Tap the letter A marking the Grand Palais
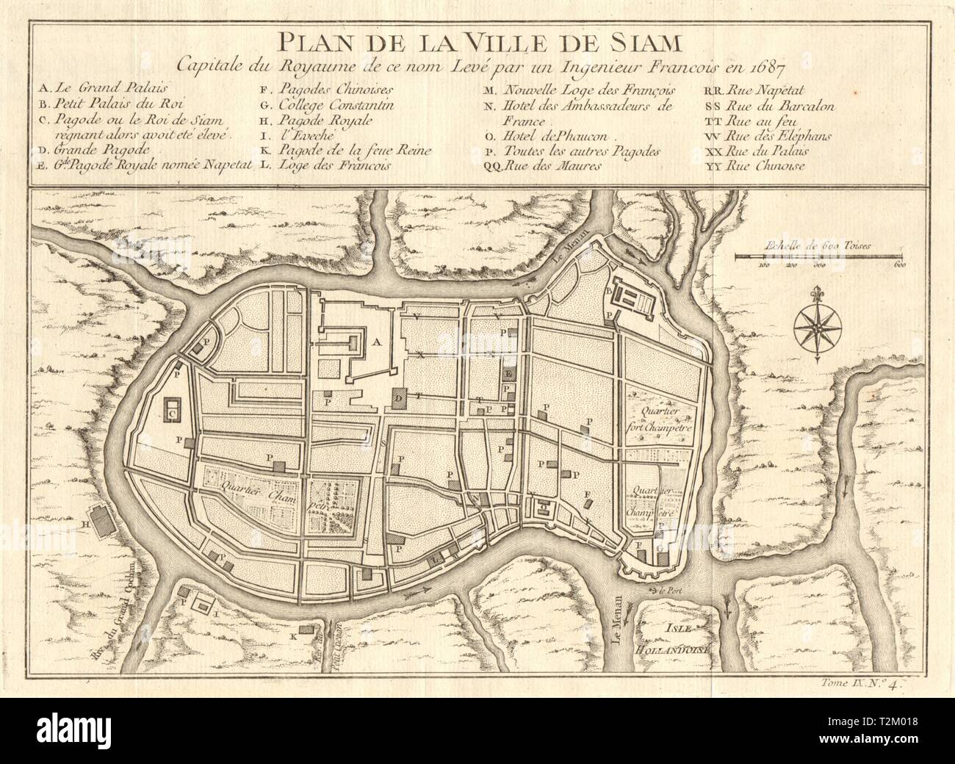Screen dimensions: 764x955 [x=377, y=341]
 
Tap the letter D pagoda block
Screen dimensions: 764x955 [x=400, y=397]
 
